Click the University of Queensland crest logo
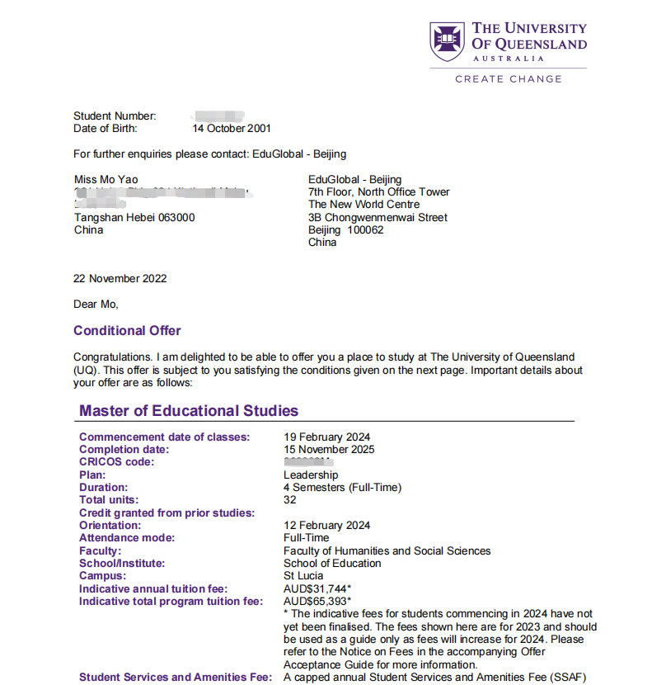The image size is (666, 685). pyautogui.click(x=448, y=42)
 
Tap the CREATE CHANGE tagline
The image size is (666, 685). pyautogui.click(x=508, y=79)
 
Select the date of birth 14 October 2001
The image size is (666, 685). pyautogui.click(x=232, y=129)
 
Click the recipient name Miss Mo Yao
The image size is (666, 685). pyautogui.click(x=106, y=180)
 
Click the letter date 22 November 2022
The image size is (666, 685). pyautogui.click(x=120, y=279)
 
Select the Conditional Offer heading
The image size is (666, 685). pyautogui.click(x=127, y=331)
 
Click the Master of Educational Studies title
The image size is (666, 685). pyautogui.click(x=189, y=411)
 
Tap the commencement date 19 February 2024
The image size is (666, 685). pyautogui.click(x=327, y=437)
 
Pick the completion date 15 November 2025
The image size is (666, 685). pyautogui.click(x=329, y=450)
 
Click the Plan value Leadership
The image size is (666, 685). pyautogui.click(x=311, y=475)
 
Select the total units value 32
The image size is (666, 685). pyautogui.click(x=290, y=500)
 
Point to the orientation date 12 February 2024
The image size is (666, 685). pyautogui.click(x=327, y=526)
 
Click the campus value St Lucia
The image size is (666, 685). pyautogui.click(x=303, y=576)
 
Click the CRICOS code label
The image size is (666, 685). pyautogui.click(x=117, y=462)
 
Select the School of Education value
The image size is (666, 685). pyautogui.click(x=332, y=564)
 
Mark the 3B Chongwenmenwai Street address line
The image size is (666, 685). pyautogui.click(x=378, y=218)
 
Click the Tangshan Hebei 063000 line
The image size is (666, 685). pyautogui.click(x=135, y=218)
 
